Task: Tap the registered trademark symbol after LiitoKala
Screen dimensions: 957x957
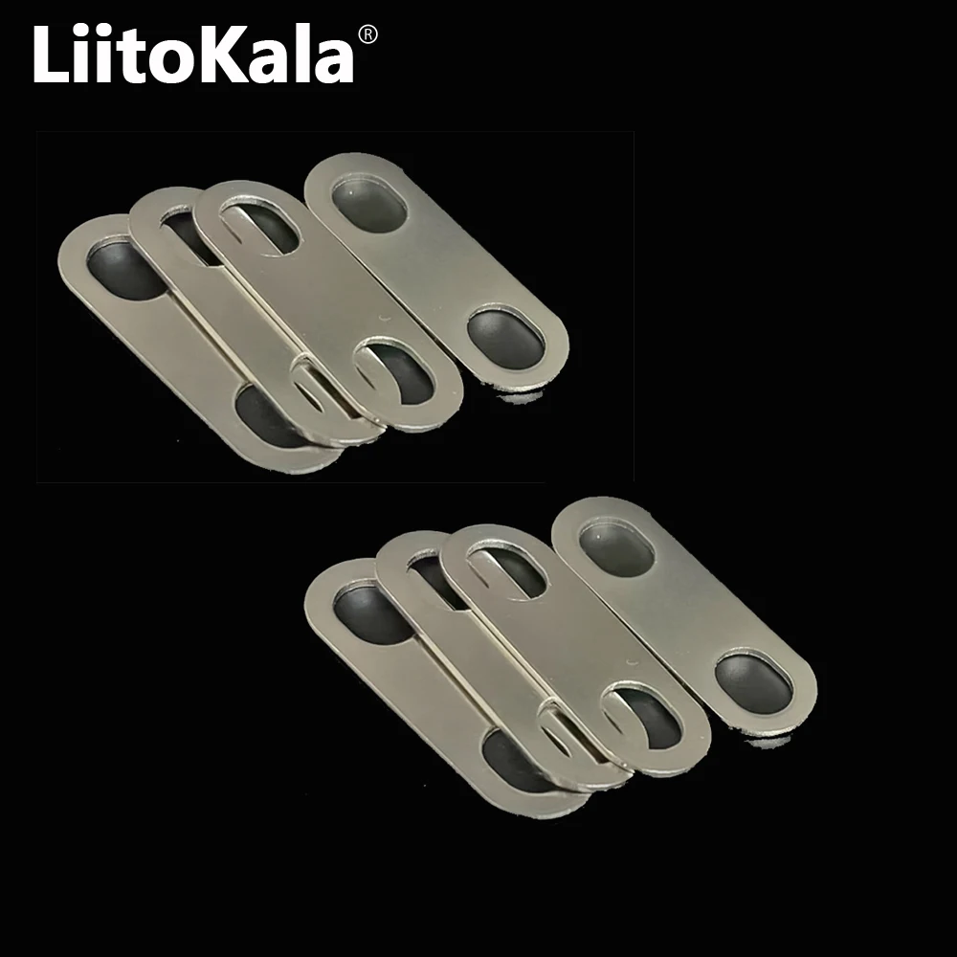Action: [367, 35]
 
